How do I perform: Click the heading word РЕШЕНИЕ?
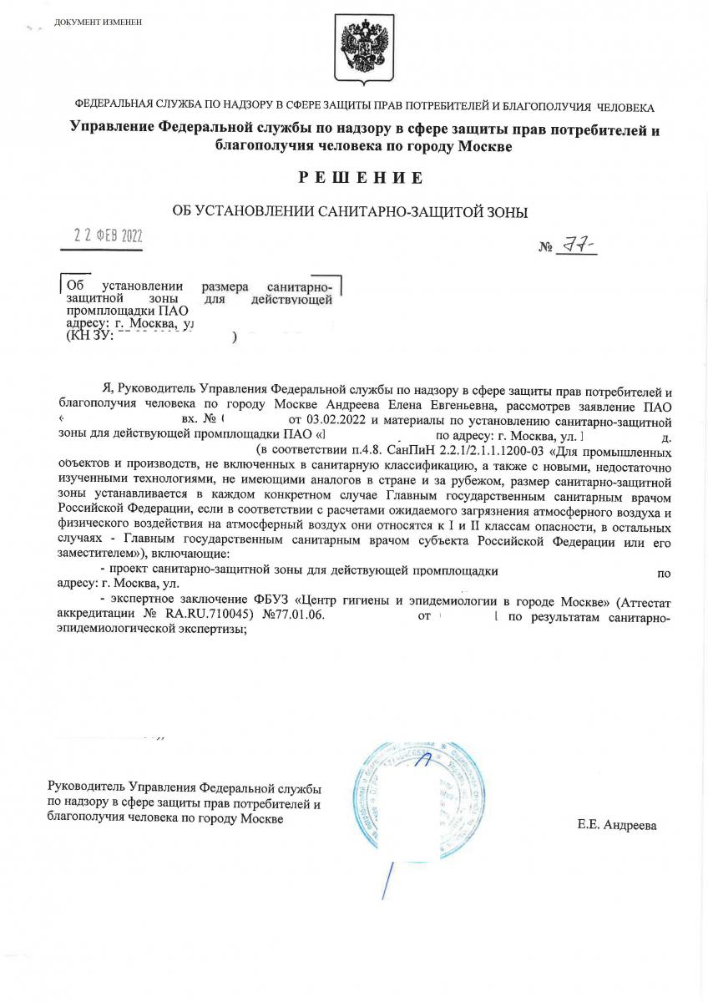click(x=359, y=178)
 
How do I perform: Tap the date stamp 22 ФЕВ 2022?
click(x=108, y=235)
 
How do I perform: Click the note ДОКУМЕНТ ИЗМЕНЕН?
click(x=98, y=22)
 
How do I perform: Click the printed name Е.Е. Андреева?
click(x=616, y=825)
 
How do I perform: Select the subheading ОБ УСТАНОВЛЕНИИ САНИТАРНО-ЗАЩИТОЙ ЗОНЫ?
click(x=350, y=212)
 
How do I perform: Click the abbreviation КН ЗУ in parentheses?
click(x=85, y=337)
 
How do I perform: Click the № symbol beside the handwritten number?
click(x=547, y=248)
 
